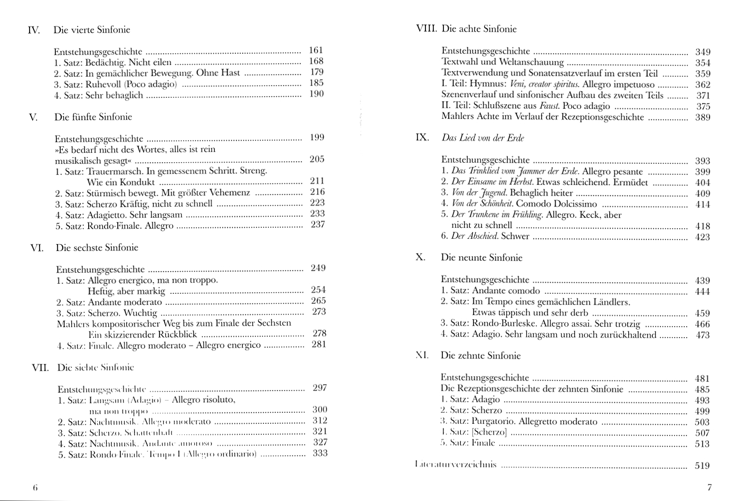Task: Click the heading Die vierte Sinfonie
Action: [91, 30]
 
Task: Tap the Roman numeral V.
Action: [33, 117]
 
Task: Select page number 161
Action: [316, 51]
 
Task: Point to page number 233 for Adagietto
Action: [317, 214]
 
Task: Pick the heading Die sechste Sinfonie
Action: [97, 248]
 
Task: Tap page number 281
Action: [319, 345]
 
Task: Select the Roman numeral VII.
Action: [40, 368]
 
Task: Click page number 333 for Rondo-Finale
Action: [320, 453]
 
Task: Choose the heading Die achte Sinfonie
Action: [479, 29]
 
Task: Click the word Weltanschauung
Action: [531, 62]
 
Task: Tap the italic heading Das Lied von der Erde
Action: [482, 138]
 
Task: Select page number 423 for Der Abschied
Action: [703, 237]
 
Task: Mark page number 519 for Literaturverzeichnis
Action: [702, 466]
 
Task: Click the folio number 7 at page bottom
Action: [709, 487]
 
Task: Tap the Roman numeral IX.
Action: [422, 138]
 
